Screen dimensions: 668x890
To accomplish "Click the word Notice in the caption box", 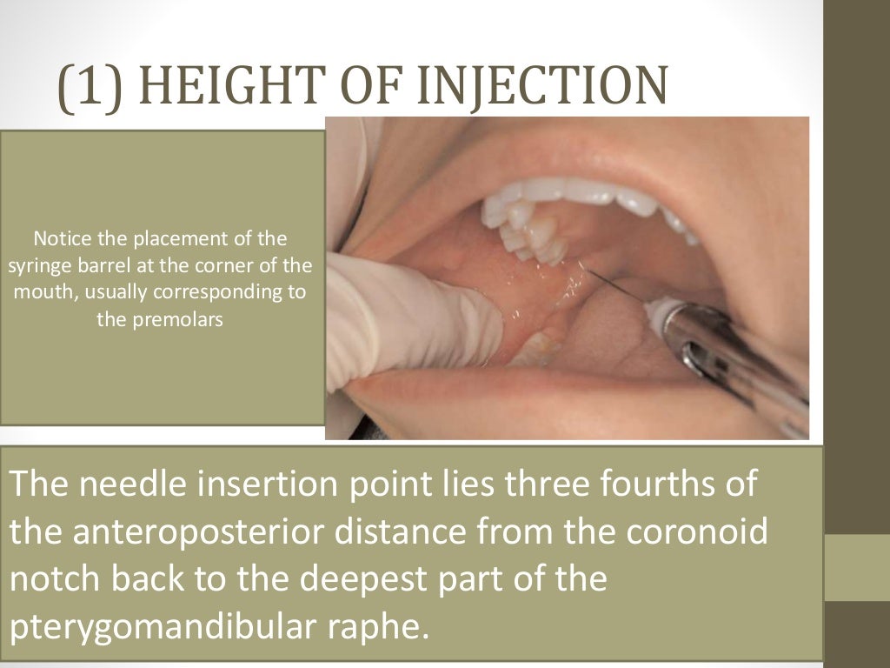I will click(x=58, y=237).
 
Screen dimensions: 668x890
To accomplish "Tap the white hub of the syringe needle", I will click(x=661, y=311).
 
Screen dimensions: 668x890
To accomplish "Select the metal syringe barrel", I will click(x=730, y=357).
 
